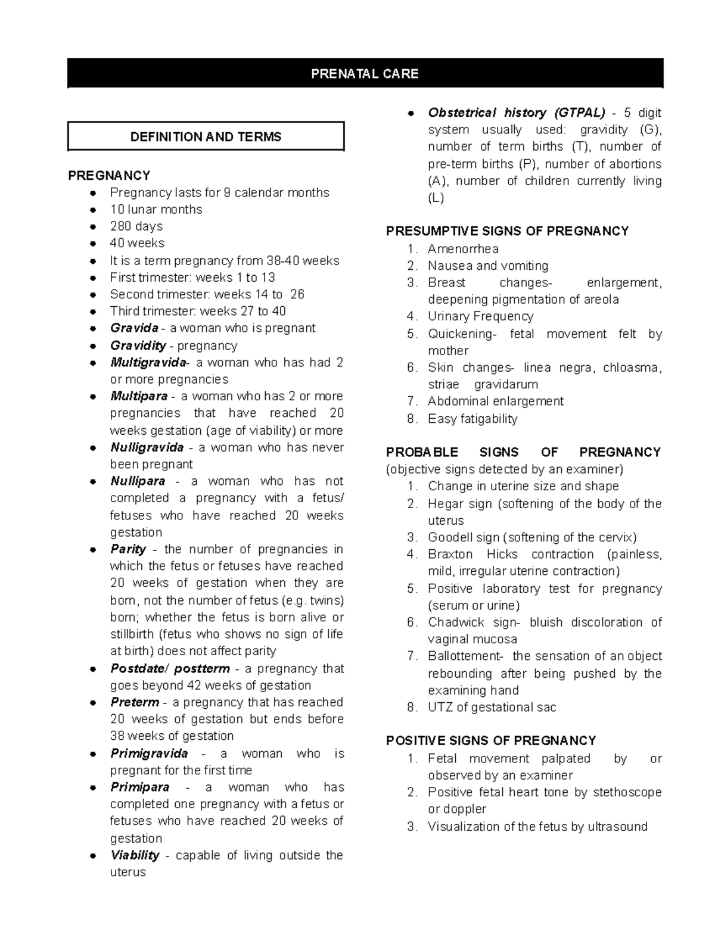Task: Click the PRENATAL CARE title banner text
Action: (x=365, y=74)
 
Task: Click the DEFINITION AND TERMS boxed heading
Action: (x=206, y=137)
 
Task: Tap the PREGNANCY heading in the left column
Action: (x=109, y=175)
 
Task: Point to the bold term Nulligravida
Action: (x=147, y=447)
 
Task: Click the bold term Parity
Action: (x=128, y=549)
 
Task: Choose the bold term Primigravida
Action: (x=149, y=753)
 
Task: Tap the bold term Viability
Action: (x=135, y=855)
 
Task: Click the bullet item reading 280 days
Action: (x=136, y=226)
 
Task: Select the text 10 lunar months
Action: (x=156, y=210)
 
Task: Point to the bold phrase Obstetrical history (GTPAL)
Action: (x=516, y=113)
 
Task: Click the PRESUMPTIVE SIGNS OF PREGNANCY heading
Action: (x=507, y=231)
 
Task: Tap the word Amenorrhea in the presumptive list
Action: (x=463, y=249)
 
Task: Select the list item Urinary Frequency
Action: (x=480, y=316)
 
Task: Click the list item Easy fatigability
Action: (x=472, y=419)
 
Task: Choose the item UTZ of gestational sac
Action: (x=492, y=708)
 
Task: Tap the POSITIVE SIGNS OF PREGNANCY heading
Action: (x=491, y=741)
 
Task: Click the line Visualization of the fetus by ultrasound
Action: (x=537, y=827)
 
